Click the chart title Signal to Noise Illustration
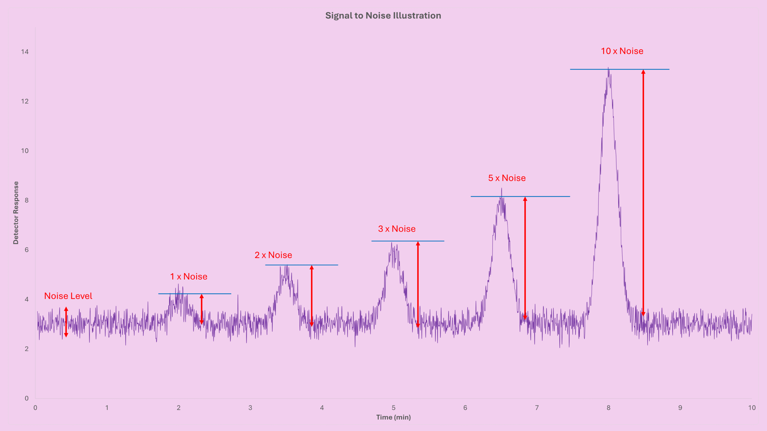pyautogui.click(x=383, y=16)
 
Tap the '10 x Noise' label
pyautogui.click(x=622, y=51)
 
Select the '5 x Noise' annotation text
pyautogui.click(x=507, y=178)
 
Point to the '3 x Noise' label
pyautogui.click(x=397, y=229)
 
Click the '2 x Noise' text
pyautogui.click(x=273, y=255)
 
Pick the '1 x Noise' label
pyautogui.click(x=189, y=277)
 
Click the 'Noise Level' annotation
pyautogui.click(x=68, y=296)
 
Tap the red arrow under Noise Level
pyautogui.click(x=66, y=322)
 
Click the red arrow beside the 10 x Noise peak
pyautogui.click(x=643, y=192)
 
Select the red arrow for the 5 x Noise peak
pyautogui.click(x=525, y=257)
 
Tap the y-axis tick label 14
pyautogui.click(x=25, y=52)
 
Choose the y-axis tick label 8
pyautogui.click(x=27, y=200)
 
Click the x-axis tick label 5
pyautogui.click(x=393, y=408)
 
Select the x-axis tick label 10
pyautogui.click(x=752, y=408)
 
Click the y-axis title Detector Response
pyautogui.click(x=16, y=213)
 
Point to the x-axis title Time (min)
pyautogui.click(x=393, y=417)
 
